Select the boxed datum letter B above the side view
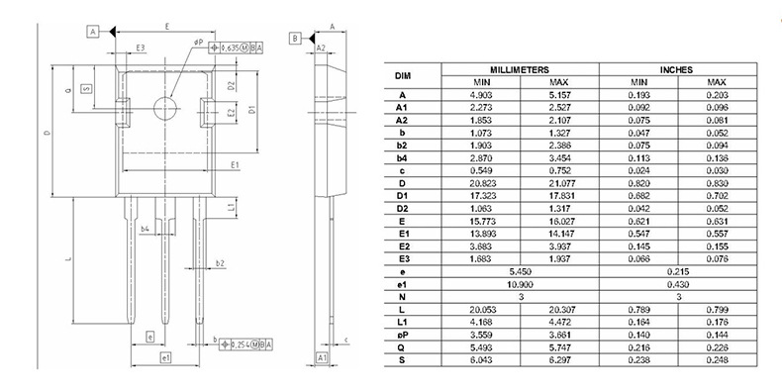coord(295,38)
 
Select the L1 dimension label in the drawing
coord(230,208)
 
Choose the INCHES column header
coord(678,69)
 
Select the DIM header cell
coord(403,75)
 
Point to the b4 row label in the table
coord(403,157)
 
